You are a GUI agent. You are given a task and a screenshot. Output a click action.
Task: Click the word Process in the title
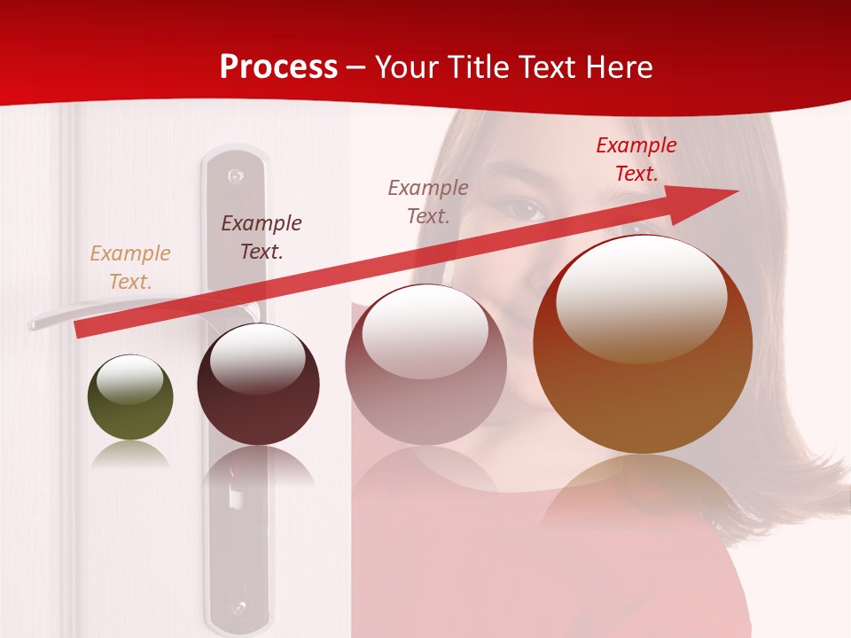(278, 67)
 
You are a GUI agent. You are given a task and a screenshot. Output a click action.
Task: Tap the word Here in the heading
(618, 67)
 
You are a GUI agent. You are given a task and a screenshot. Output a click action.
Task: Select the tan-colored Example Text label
(130, 268)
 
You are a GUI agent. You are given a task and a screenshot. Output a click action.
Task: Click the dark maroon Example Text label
(262, 237)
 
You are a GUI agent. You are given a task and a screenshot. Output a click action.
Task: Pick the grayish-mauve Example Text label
(428, 201)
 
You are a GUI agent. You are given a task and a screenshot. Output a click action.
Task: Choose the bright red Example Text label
(636, 159)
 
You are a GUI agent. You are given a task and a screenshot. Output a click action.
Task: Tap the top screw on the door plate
(235, 176)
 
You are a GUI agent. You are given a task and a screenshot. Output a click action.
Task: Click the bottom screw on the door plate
(237, 608)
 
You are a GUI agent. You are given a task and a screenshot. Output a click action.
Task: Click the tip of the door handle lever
(34, 324)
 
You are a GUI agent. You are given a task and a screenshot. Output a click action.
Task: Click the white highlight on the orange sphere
(641, 298)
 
